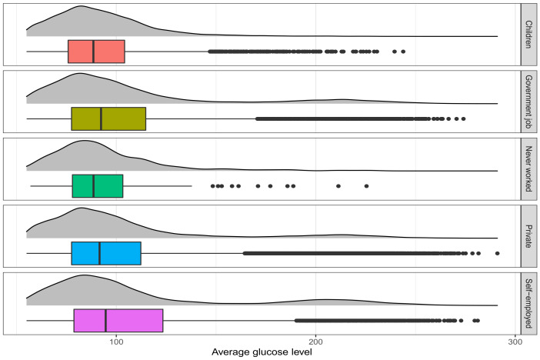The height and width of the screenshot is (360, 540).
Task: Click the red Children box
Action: [96, 52]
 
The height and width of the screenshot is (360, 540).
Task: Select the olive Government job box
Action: [108, 119]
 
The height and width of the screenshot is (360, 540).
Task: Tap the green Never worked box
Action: [98, 186]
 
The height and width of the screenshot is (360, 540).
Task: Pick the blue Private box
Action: [106, 253]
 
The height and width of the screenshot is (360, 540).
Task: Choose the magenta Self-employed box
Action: [118, 320]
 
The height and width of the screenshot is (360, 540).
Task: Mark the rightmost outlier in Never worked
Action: [366, 186]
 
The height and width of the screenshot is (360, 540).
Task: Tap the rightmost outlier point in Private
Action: [497, 253]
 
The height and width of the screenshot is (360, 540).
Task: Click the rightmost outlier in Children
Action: [403, 52]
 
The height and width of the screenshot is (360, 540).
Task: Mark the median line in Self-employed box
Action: [105, 320]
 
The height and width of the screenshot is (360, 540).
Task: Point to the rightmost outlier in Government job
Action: [463, 119]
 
